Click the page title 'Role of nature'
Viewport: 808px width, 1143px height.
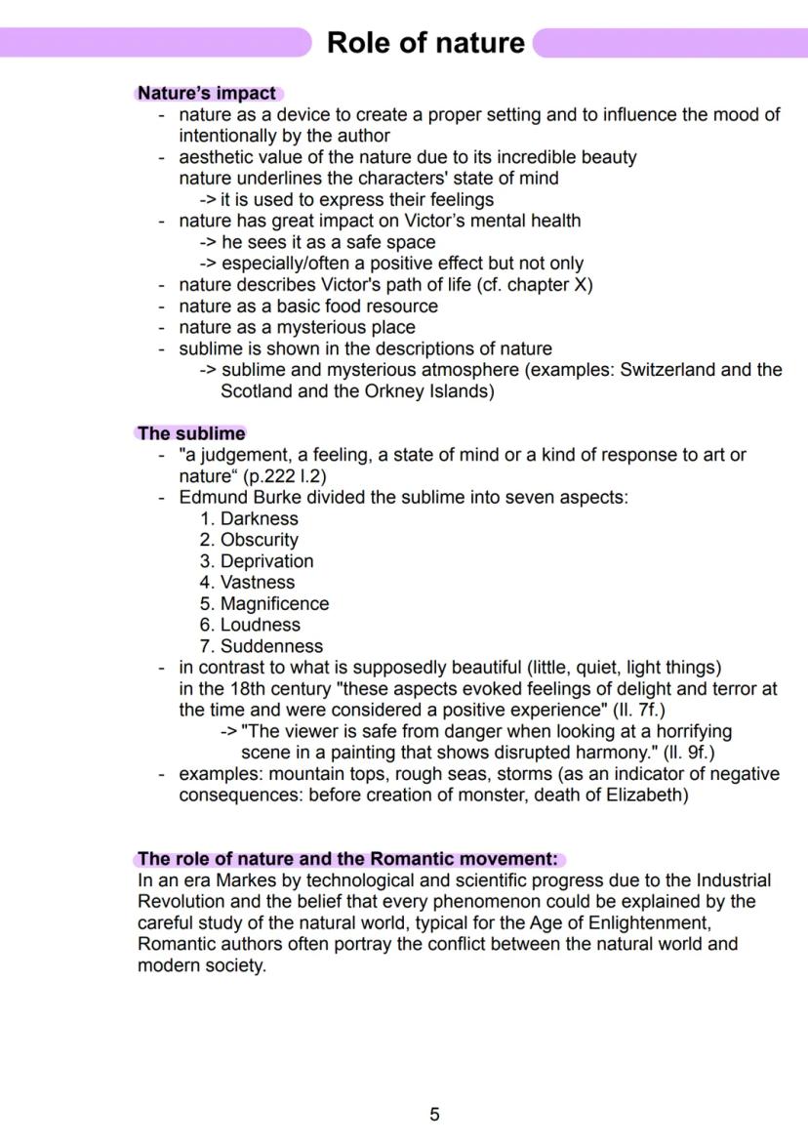[x=425, y=42]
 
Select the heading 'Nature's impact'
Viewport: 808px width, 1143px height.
[x=207, y=94]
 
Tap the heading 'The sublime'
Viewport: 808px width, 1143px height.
[x=191, y=433]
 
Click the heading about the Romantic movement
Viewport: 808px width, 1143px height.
[x=347, y=859]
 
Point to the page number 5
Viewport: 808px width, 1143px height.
[x=434, y=1115]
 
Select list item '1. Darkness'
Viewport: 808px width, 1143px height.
[x=249, y=518]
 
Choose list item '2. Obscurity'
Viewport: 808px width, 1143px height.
[x=249, y=540]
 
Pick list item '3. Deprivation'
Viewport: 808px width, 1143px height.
[x=257, y=561]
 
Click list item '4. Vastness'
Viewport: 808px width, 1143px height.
[x=247, y=583]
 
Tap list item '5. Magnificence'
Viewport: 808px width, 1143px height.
[x=264, y=604]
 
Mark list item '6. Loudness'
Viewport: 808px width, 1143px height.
[x=250, y=625]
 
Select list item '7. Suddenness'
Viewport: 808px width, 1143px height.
[x=261, y=646]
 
